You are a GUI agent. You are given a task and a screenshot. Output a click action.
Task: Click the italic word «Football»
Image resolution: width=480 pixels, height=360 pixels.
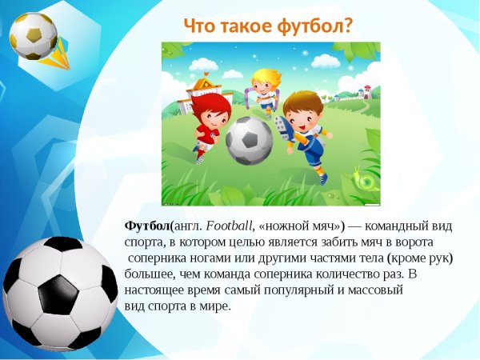pyautogui.click(x=230, y=226)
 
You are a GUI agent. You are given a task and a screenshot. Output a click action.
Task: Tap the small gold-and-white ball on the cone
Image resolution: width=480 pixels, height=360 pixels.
pyautogui.click(x=34, y=35)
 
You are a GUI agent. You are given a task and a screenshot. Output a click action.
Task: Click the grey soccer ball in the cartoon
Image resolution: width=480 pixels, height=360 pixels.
pyautogui.click(x=249, y=141)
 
